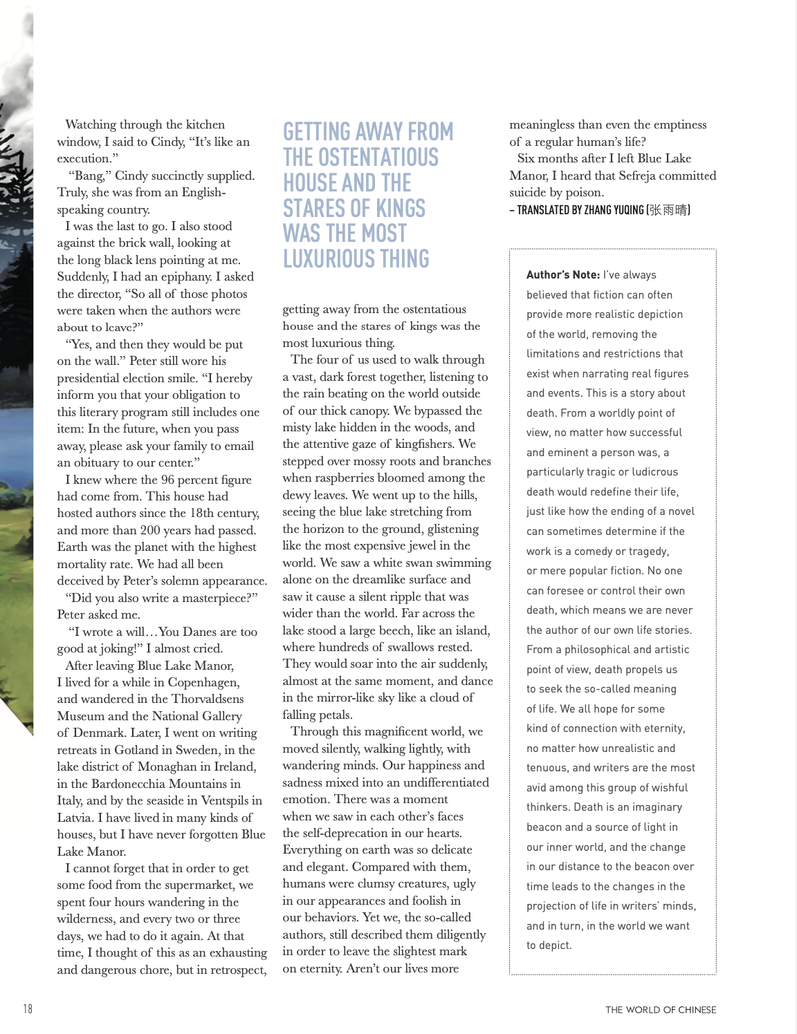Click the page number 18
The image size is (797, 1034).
point(28,1008)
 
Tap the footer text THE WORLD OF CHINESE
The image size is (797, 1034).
point(661,1010)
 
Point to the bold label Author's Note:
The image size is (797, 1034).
point(563,274)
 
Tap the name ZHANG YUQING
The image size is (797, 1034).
point(608,210)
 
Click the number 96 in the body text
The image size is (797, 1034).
point(168,480)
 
